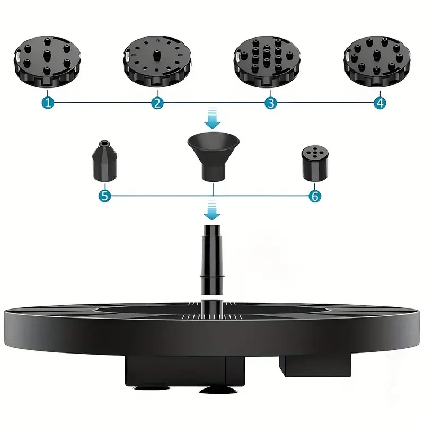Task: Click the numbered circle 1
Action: pyautogui.click(x=48, y=103)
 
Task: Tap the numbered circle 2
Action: pyautogui.click(x=157, y=103)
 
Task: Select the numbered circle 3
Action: pyautogui.click(x=270, y=103)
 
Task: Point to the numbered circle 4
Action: pyautogui.click(x=379, y=103)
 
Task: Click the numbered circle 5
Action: pyautogui.click(x=104, y=196)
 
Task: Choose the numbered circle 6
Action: pyautogui.click(x=315, y=196)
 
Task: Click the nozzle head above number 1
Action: pyautogui.click(x=48, y=63)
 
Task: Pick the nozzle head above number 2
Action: pyautogui.click(x=156, y=63)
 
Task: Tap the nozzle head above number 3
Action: pyautogui.click(x=268, y=63)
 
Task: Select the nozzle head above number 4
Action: pyautogui.click(x=377, y=63)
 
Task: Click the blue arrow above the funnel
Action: pyautogui.click(x=213, y=118)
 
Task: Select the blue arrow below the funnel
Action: pyautogui.click(x=213, y=210)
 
